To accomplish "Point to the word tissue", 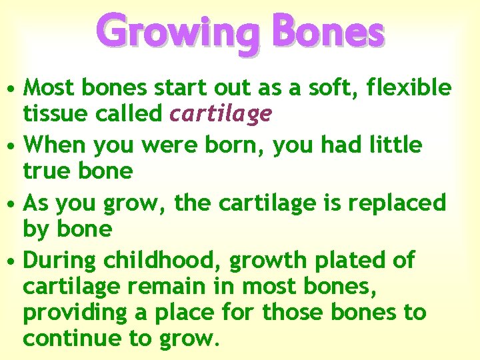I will coord(55,114).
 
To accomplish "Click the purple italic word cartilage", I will coord(221,115).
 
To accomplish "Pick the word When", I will coord(55,144).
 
